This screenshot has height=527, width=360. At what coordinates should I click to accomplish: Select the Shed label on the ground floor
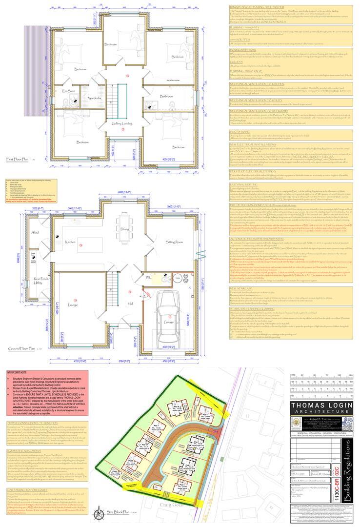pyautogui.click(x=35, y=233)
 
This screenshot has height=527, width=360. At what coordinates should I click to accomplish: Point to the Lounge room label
pyautogui.click(x=72, y=305)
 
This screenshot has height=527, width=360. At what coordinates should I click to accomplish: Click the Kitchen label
pyautogui.click(x=70, y=242)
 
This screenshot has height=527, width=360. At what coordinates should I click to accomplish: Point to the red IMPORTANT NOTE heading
pyautogui.click(x=17, y=372)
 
